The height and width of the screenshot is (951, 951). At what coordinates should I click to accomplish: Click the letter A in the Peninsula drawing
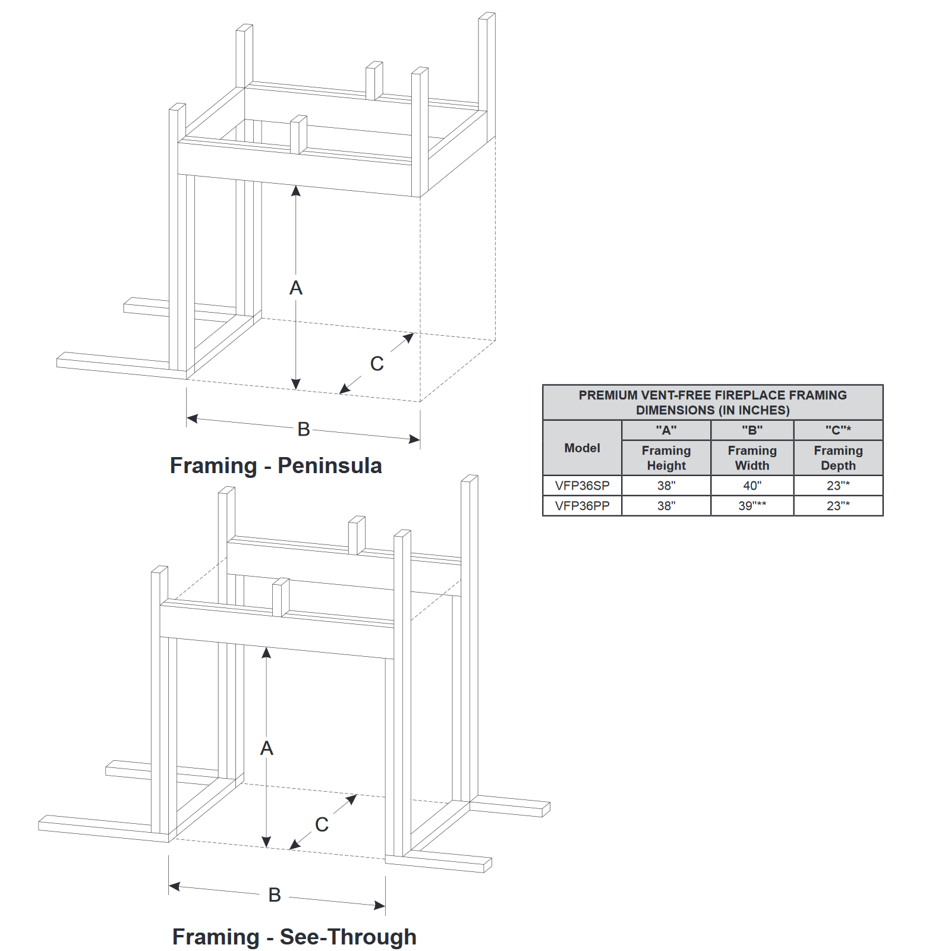coord(296,288)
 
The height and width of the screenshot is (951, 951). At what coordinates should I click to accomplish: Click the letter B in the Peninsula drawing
coord(304,429)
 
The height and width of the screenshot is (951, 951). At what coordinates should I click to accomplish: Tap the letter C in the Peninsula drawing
coord(377,364)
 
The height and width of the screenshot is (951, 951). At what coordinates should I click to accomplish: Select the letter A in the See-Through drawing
coord(267,748)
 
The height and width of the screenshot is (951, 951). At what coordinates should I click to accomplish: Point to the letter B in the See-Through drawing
coord(275,895)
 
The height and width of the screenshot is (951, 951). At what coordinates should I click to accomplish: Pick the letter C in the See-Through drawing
coord(322,825)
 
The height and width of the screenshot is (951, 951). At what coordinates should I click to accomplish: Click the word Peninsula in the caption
coord(330,466)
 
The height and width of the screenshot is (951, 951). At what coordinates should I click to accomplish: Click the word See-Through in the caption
coord(348,937)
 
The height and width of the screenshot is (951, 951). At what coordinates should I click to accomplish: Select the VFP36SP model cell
coord(582,486)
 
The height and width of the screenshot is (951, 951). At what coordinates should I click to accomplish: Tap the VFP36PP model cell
coord(582,506)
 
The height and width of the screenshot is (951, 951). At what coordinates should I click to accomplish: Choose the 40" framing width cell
coord(752,486)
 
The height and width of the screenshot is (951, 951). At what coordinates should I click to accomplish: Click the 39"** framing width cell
coord(752,506)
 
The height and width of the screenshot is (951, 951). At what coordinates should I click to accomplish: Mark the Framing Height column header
coord(666,458)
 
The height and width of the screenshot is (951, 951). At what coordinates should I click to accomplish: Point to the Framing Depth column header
coord(838,458)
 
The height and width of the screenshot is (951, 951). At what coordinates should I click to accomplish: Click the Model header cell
coord(582,448)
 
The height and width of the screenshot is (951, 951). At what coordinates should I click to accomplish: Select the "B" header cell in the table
coord(752,430)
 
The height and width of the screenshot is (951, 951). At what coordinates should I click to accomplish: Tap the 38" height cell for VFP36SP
coord(666,486)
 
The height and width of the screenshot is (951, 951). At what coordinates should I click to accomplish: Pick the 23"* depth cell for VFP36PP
coord(838,506)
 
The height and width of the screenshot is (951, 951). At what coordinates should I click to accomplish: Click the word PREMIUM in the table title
coord(608,395)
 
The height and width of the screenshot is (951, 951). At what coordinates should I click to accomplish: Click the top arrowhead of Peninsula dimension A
coord(296,190)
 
